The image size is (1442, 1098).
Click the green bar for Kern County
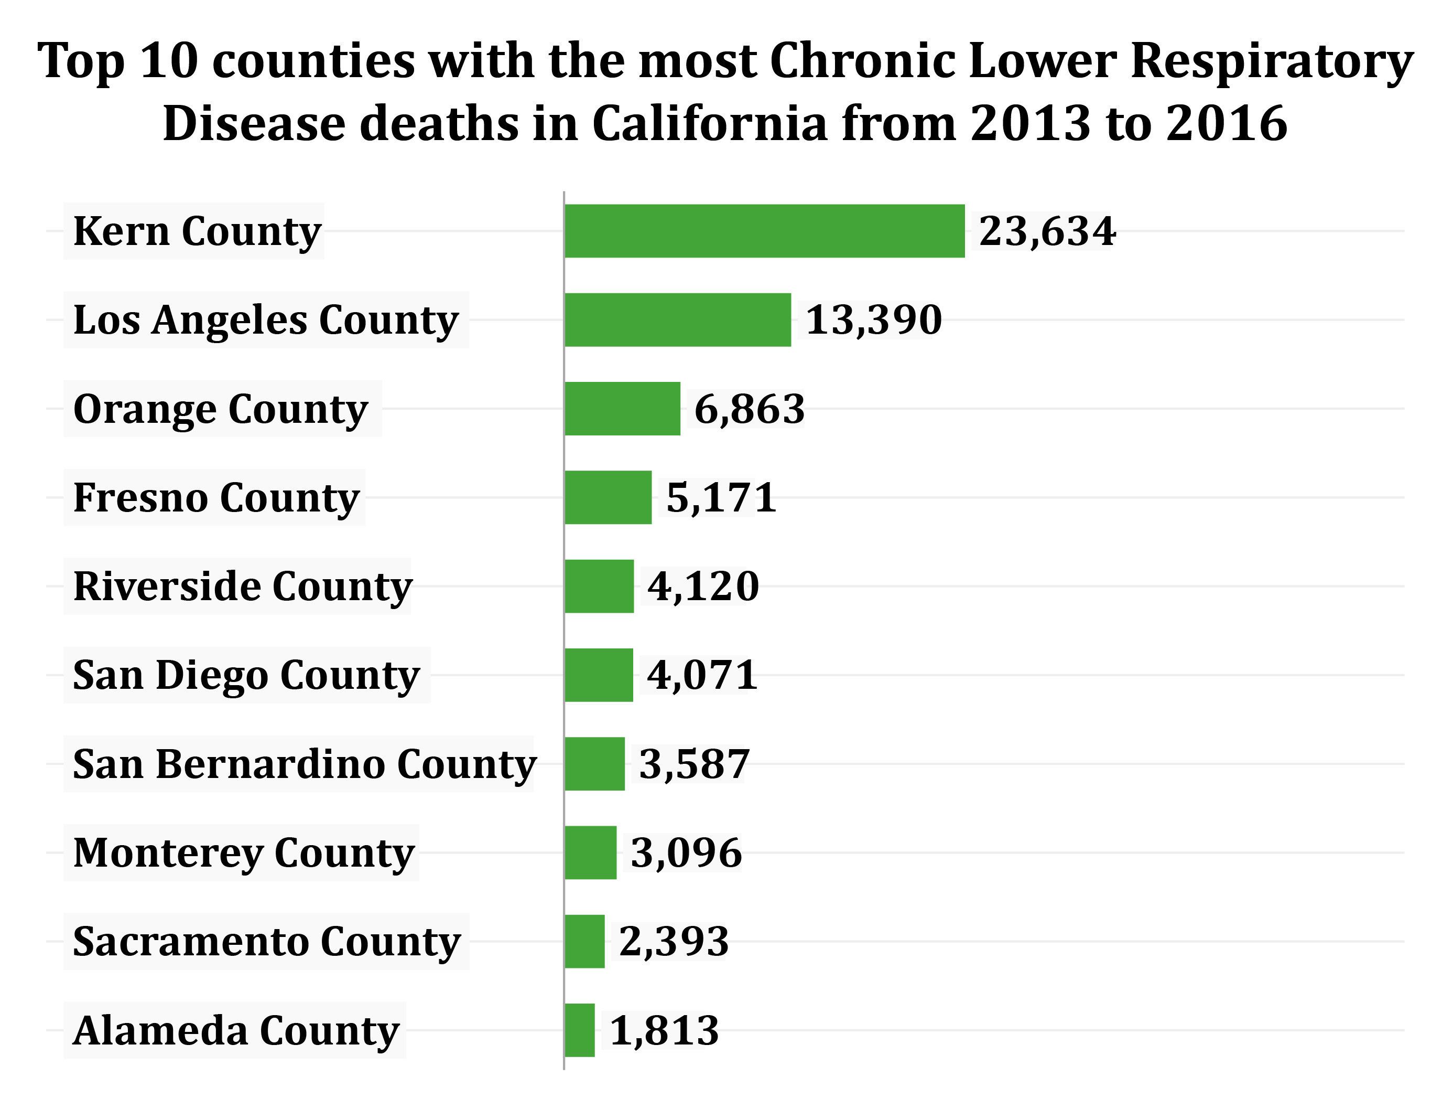(764, 231)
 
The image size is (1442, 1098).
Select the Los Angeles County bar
(677, 319)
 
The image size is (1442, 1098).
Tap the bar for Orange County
(622, 409)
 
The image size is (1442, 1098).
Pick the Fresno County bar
(608, 497)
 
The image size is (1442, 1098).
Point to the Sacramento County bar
(584, 941)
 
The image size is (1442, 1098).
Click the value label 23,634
(1047, 231)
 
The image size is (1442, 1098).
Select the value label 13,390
(874, 320)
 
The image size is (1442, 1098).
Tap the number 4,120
(703, 587)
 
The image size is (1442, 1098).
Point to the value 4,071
(702, 675)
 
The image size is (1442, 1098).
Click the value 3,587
(693, 764)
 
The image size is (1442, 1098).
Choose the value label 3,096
(686, 853)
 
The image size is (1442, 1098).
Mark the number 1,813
(664, 1031)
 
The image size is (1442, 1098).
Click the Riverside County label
(242, 587)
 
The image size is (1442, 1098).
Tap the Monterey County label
(244, 853)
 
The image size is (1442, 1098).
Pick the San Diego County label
(246, 675)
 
